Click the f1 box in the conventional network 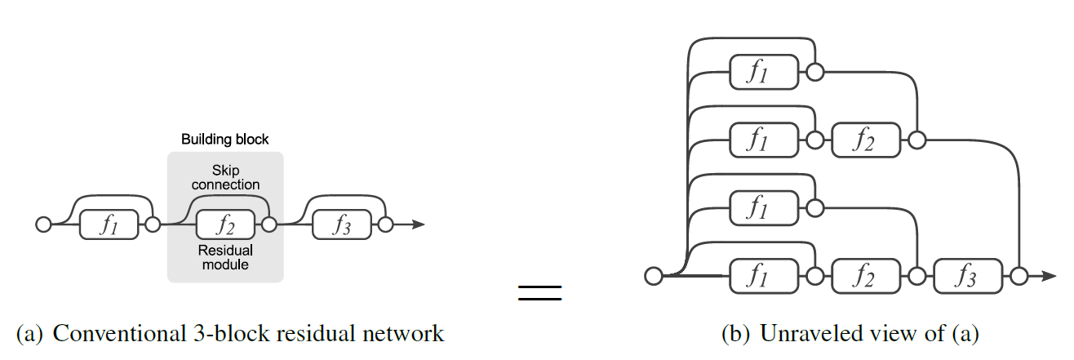pos(109,224)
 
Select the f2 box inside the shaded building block pos(225,224)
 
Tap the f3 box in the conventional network pos(342,224)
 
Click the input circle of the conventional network pos(43,224)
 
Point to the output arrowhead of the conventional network pos(418,224)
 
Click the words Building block pos(225,140)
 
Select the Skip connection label pos(225,177)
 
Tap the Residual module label pos(225,257)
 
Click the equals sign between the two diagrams pos(540,293)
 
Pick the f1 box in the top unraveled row pos(764,72)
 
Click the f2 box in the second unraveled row pos(866,140)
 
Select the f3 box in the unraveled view pos(968,276)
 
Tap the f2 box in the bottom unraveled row pos(866,276)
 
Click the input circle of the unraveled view pos(654,276)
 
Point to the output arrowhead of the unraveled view pos(1049,276)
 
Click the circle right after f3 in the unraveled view pos(1019,276)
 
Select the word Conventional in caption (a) pos(119,334)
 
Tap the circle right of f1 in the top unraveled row pos(815,72)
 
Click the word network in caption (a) pos(403,334)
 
